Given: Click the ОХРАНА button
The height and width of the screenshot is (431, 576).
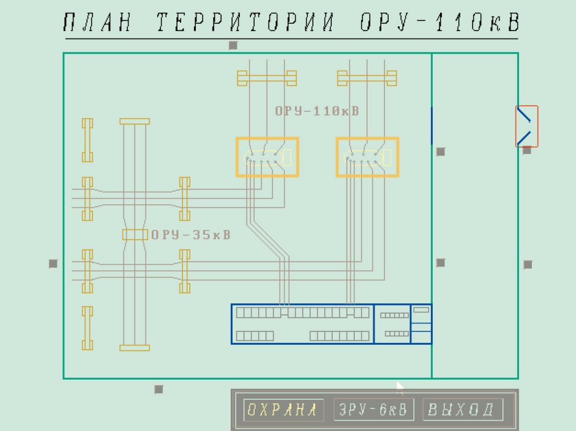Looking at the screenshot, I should (283, 410).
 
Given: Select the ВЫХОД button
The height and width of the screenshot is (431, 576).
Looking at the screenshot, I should (462, 410).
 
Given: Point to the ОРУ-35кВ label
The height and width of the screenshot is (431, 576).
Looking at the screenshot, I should (191, 235).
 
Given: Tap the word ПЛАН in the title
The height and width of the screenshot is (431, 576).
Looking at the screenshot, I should (98, 23).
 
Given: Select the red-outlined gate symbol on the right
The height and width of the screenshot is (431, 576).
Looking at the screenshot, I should (526, 127).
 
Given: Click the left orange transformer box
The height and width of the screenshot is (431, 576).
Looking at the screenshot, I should (267, 157).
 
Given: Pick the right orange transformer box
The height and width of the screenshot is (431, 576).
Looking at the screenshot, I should (367, 157).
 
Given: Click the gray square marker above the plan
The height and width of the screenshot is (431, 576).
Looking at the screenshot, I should (233, 45).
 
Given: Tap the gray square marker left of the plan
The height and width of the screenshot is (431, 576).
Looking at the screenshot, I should (53, 263).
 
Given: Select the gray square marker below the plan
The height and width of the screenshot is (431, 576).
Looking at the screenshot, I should (159, 389).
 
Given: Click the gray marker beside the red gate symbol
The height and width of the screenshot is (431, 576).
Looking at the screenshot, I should (527, 150).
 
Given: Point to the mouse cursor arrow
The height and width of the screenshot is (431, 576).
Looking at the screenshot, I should (400, 387).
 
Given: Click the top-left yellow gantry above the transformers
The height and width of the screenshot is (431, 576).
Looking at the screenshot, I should (267, 78).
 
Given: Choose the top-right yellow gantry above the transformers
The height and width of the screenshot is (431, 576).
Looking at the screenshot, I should (367, 78).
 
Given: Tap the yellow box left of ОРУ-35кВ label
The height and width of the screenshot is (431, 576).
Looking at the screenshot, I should (135, 235).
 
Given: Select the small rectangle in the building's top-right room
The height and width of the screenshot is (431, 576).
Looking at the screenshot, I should (422, 310).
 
